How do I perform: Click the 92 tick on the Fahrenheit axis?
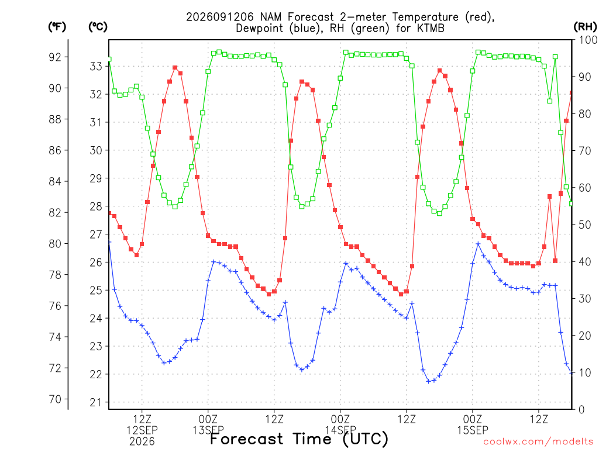click(55, 57)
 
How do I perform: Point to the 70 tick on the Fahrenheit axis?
click(55, 399)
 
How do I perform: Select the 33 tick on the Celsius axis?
click(96, 67)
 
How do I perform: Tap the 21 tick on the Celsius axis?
click(96, 402)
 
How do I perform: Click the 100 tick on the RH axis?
click(588, 40)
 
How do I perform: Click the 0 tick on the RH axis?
click(581, 410)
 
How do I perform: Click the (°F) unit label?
click(57, 27)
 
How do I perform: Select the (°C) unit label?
click(98, 27)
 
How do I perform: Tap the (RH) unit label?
click(585, 27)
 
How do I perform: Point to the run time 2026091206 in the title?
click(220, 17)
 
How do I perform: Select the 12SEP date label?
click(142, 430)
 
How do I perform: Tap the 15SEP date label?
click(473, 430)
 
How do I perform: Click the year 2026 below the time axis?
click(142, 442)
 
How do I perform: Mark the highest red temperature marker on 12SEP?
click(175, 68)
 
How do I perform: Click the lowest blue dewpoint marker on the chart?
click(429, 381)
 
